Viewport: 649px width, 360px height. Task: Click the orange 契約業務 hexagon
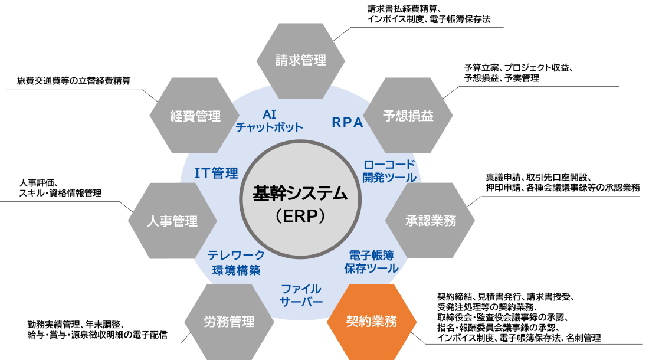pos(371,322)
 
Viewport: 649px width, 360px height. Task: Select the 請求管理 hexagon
pos(300,61)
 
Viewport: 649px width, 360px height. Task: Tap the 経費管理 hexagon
pos(195,116)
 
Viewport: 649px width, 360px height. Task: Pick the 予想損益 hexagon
pos(408,116)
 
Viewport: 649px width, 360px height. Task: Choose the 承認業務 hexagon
pos(430,221)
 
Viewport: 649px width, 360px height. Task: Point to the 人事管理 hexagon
pos(173,221)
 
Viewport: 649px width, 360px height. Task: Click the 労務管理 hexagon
pos(229,322)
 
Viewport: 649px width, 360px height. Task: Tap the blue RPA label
pos(348,123)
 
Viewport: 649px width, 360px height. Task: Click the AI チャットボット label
pos(270,120)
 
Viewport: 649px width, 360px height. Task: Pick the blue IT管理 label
pos(217,173)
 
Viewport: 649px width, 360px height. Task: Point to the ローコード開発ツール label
pos(389,171)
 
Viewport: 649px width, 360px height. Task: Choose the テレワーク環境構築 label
pos(237,263)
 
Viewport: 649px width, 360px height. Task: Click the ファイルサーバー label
pos(301,295)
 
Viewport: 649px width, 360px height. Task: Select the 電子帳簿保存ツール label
pos(371,261)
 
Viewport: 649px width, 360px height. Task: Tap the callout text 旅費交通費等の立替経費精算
pos(74,81)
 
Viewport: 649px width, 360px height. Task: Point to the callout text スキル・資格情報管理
pos(60,193)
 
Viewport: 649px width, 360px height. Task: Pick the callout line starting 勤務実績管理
pos(76,325)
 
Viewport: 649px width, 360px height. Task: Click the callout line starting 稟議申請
pos(538,178)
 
